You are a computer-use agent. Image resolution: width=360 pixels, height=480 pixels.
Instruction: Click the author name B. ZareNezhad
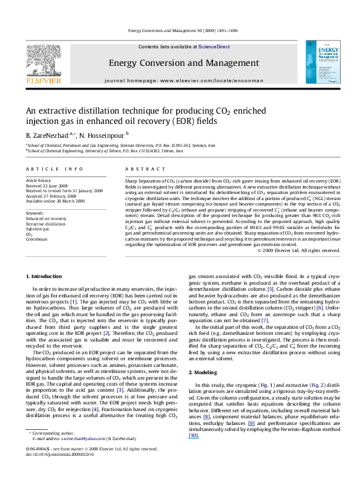(44, 134)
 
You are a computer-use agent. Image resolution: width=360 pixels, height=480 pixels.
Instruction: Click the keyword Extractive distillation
(45, 224)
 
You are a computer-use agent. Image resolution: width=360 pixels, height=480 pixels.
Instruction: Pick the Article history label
(39, 180)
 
